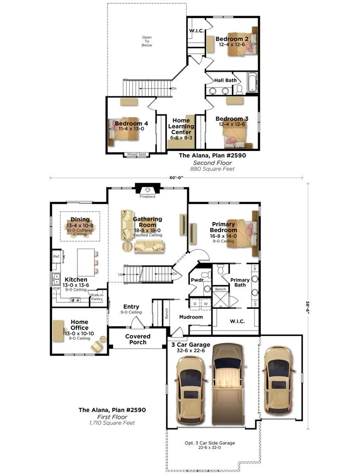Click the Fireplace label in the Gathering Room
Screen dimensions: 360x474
click(x=147, y=196)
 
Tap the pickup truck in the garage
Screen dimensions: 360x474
click(x=227, y=384)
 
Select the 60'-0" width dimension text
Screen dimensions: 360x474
click(x=177, y=178)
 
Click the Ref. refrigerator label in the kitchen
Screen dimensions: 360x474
click(x=57, y=256)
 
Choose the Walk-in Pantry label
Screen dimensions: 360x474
click(x=97, y=297)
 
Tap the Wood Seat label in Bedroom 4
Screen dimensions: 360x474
click(x=136, y=154)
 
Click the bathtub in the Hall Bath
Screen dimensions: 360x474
click(x=252, y=82)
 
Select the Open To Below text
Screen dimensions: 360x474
click(x=147, y=41)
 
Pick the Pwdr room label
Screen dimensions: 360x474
click(x=197, y=280)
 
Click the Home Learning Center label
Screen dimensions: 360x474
click(x=181, y=126)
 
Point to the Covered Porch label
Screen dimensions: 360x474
click(x=138, y=339)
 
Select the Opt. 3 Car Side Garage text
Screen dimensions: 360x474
click(x=209, y=443)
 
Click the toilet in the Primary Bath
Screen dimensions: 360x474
click(x=221, y=269)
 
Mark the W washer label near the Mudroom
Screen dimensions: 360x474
click(x=206, y=304)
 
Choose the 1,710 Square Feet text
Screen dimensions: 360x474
click(x=112, y=423)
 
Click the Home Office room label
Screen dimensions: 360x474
click(x=80, y=325)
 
